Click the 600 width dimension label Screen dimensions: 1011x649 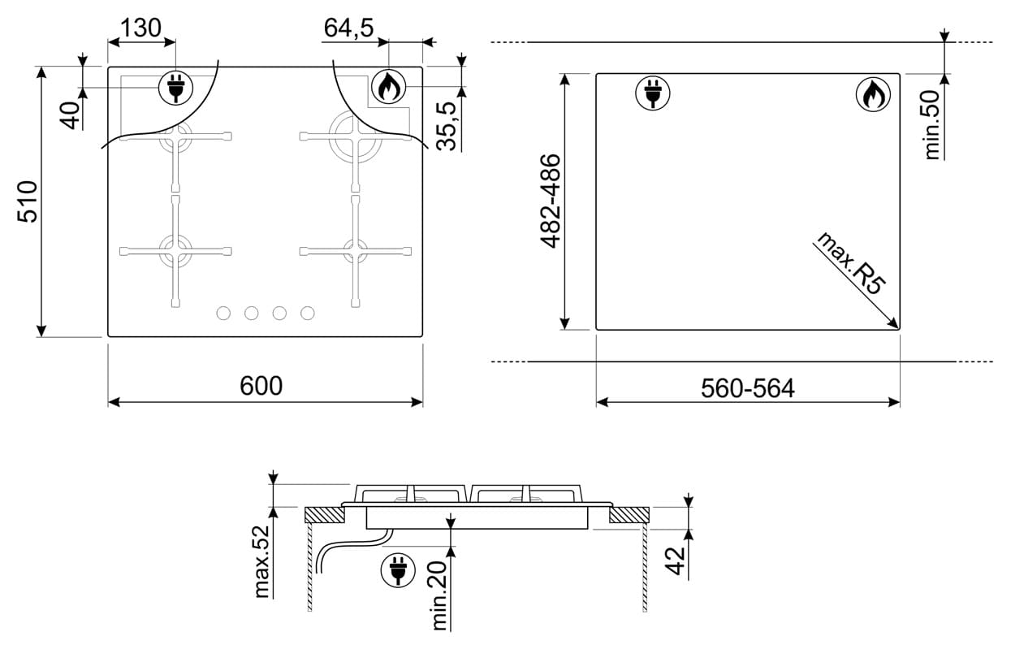pos(261,386)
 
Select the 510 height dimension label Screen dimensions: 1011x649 pos(28,201)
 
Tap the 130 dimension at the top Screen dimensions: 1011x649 pos(140,28)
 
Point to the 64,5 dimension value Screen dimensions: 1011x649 pos(348,28)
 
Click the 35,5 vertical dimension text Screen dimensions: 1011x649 pos(447,126)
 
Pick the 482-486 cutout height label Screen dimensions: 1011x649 pos(551,201)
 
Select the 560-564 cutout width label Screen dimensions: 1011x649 pos(747,388)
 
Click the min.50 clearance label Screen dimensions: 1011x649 pos(931,124)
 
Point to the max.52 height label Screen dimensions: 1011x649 pos(261,561)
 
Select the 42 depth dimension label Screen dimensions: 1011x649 pos(676,561)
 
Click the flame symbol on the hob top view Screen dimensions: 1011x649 pos(388,87)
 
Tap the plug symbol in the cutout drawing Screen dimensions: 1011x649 pos(653,93)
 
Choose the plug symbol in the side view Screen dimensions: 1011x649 pos(398,569)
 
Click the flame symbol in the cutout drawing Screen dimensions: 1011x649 pos(873,95)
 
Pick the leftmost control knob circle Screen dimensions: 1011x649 pos(223,313)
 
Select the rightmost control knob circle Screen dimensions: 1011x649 pos(308,313)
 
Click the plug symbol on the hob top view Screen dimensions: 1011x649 pos(176,88)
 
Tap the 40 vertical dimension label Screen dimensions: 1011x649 pos(71,116)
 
